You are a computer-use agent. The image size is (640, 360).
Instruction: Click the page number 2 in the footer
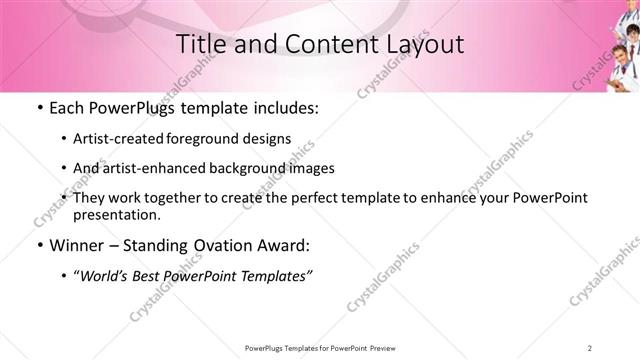point(591,347)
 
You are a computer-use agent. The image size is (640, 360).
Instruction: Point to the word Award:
point(288,245)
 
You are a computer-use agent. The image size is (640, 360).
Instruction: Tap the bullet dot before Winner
point(38,245)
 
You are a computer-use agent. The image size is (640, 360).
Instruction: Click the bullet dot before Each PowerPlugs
point(38,108)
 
